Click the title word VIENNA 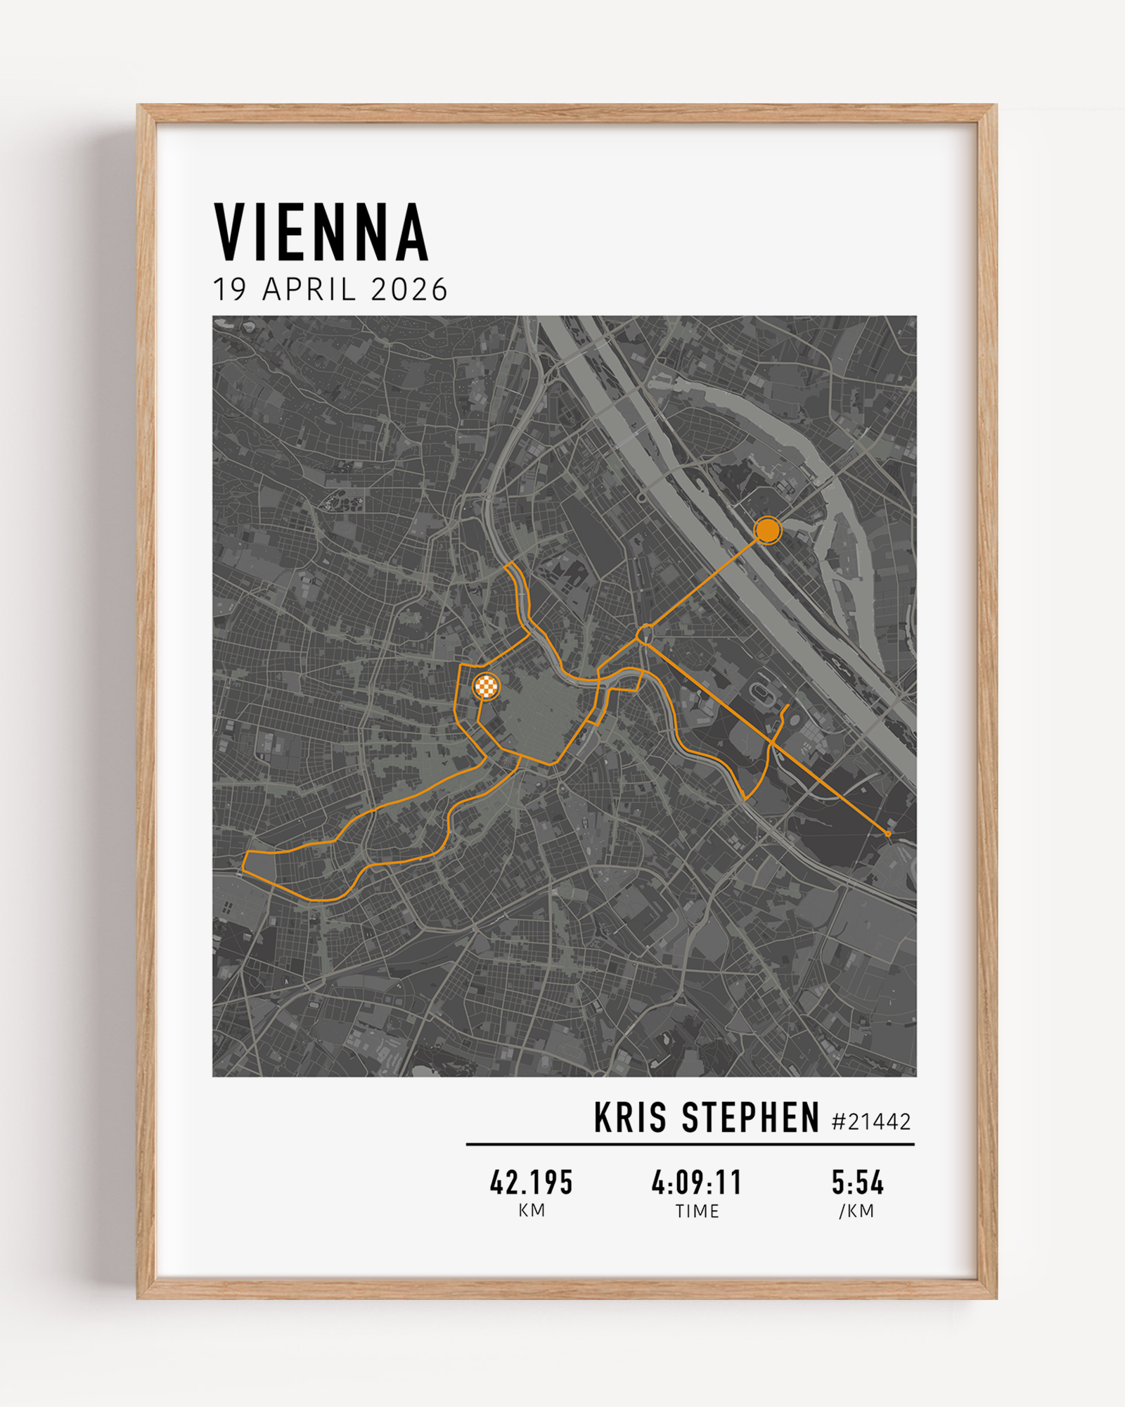pyautogui.click(x=321, y=233)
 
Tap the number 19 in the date pyautogui.click(x=229, y=290)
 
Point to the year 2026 pyautogui.click(x=409, y=290)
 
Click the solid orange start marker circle pyautogui.click(x=767, y=530)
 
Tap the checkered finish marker pyautogui.click(x=486, y=686)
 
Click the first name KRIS pyautogui.click(x=630, y=1118)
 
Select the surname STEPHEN pyautogui.click(x=751, y=1118)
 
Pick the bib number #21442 pyautogui.click(x=870, y=1121)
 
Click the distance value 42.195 pyautogui.click(x=532, y=1183)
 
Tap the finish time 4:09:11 pyautogui.click(x=697, y=1183)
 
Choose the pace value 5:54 pyautogui.click(x=857, y=1183)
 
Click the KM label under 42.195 pyautogui.click(x=532, y=1211)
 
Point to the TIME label pyautogui.click(x=697, y=1211)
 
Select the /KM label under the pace pyautogui.click(x=856, y=1211)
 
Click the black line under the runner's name pyautogui.click(x=690, y=1145)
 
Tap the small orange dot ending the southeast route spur pyautogui.click(x=887, y=834)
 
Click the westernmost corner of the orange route pyautogui.click(x=243, y=871)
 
